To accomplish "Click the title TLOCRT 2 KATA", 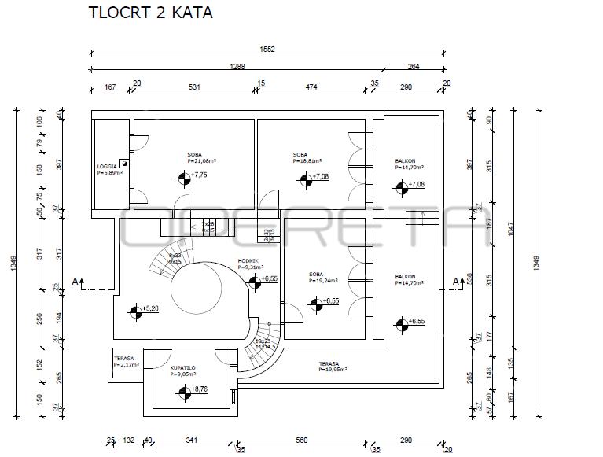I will click(150, 13).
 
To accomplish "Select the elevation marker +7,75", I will click(184, 179).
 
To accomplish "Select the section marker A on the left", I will click(75, 281).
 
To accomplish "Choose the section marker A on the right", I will click(455, 281).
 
